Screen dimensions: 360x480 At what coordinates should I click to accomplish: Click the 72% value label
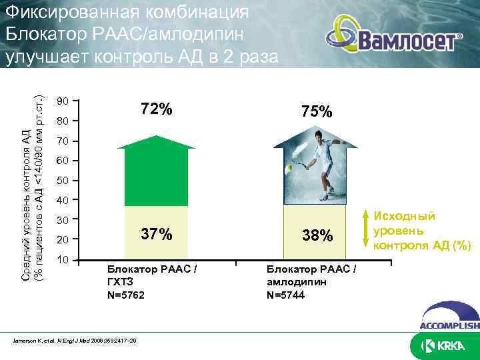[x=156, y=109]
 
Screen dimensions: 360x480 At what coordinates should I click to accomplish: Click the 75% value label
[x=316, y=112]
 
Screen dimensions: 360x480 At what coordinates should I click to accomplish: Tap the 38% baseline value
[x=316, y=236]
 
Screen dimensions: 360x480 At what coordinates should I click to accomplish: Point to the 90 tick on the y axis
[x=63, y=101]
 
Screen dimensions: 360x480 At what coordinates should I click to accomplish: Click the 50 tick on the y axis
[x=63, y=181]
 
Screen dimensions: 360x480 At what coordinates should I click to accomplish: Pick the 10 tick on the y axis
[x=63, y=259]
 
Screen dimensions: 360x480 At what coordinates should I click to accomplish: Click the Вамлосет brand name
[x=409, y=41]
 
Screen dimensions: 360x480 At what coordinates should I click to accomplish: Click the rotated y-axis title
[x=31, y=180]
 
